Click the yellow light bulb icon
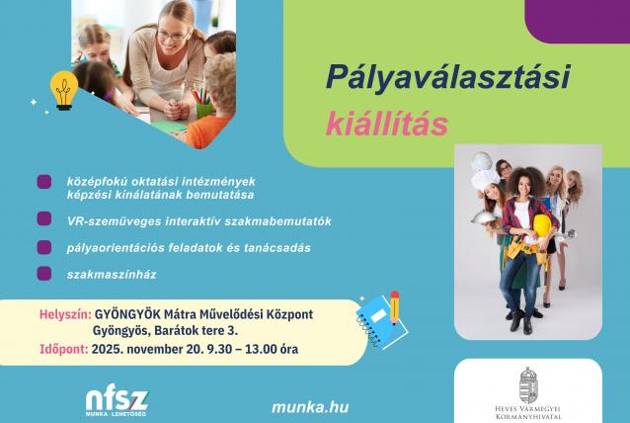tap(65, 91)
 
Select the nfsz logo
tap(118, 400)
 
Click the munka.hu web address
tap(309, 406)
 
